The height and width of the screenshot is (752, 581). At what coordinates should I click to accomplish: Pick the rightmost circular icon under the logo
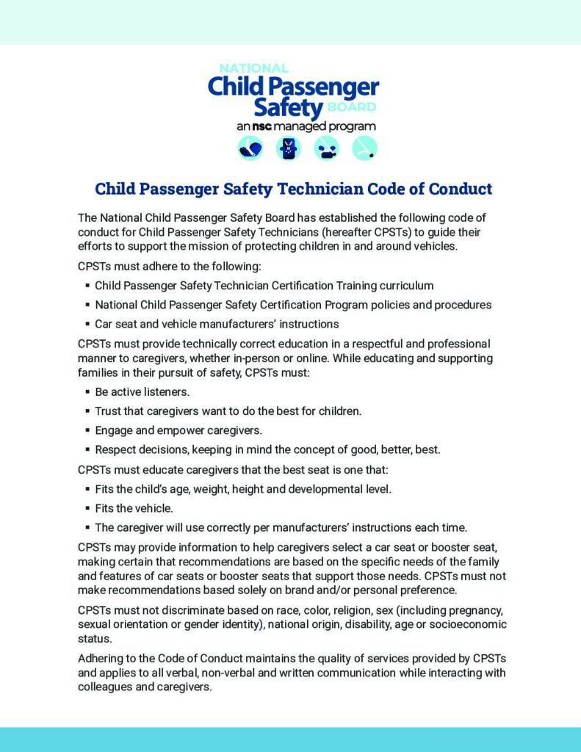[364, 149]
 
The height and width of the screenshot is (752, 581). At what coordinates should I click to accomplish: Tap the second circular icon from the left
[288, 149]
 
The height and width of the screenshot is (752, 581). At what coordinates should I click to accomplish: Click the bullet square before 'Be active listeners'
[88, 392]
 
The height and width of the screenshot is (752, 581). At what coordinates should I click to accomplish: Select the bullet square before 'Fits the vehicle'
[88, 507]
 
